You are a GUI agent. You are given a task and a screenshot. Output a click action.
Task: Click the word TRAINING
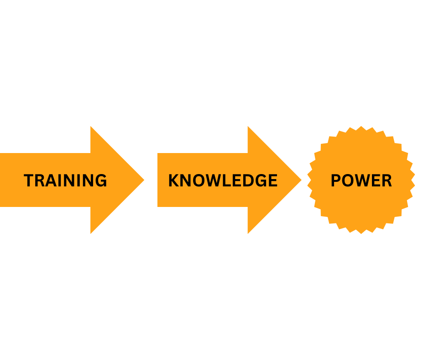[x=65, y=180]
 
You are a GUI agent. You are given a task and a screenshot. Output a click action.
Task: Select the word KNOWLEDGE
[x=223, y=180]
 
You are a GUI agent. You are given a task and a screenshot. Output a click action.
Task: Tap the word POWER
[x=361, y=180]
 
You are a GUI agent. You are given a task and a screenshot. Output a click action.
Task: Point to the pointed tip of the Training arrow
[x=143, y=180]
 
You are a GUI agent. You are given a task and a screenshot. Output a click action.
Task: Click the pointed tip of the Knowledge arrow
[x=300, y=180]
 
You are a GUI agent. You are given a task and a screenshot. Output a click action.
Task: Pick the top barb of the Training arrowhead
[x=91, y=127]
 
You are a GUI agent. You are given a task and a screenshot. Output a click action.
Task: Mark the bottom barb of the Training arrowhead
[x=91, y=233]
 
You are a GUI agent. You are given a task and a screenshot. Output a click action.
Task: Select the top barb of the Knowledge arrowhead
[x=248, y=127]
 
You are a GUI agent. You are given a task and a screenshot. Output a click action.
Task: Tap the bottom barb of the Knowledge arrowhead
[x=248, y=233]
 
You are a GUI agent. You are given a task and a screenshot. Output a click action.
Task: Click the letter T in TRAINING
[x=29, y=180]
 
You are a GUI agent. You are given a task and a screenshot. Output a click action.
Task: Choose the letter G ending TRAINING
[x=101, y=180]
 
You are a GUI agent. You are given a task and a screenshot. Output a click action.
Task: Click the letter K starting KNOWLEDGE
[x=174, y=180]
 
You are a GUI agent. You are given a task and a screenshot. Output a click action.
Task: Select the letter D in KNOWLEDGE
[x=247, y=180]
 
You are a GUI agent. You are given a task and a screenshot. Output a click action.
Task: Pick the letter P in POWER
[x=335, y=180]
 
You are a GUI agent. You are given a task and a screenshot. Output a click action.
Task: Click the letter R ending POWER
[x=387, y=180]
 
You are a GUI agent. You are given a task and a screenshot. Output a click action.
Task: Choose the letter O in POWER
[x=348, y=180]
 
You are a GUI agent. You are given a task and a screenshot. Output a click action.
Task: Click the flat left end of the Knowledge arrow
[x=158, y=180]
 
